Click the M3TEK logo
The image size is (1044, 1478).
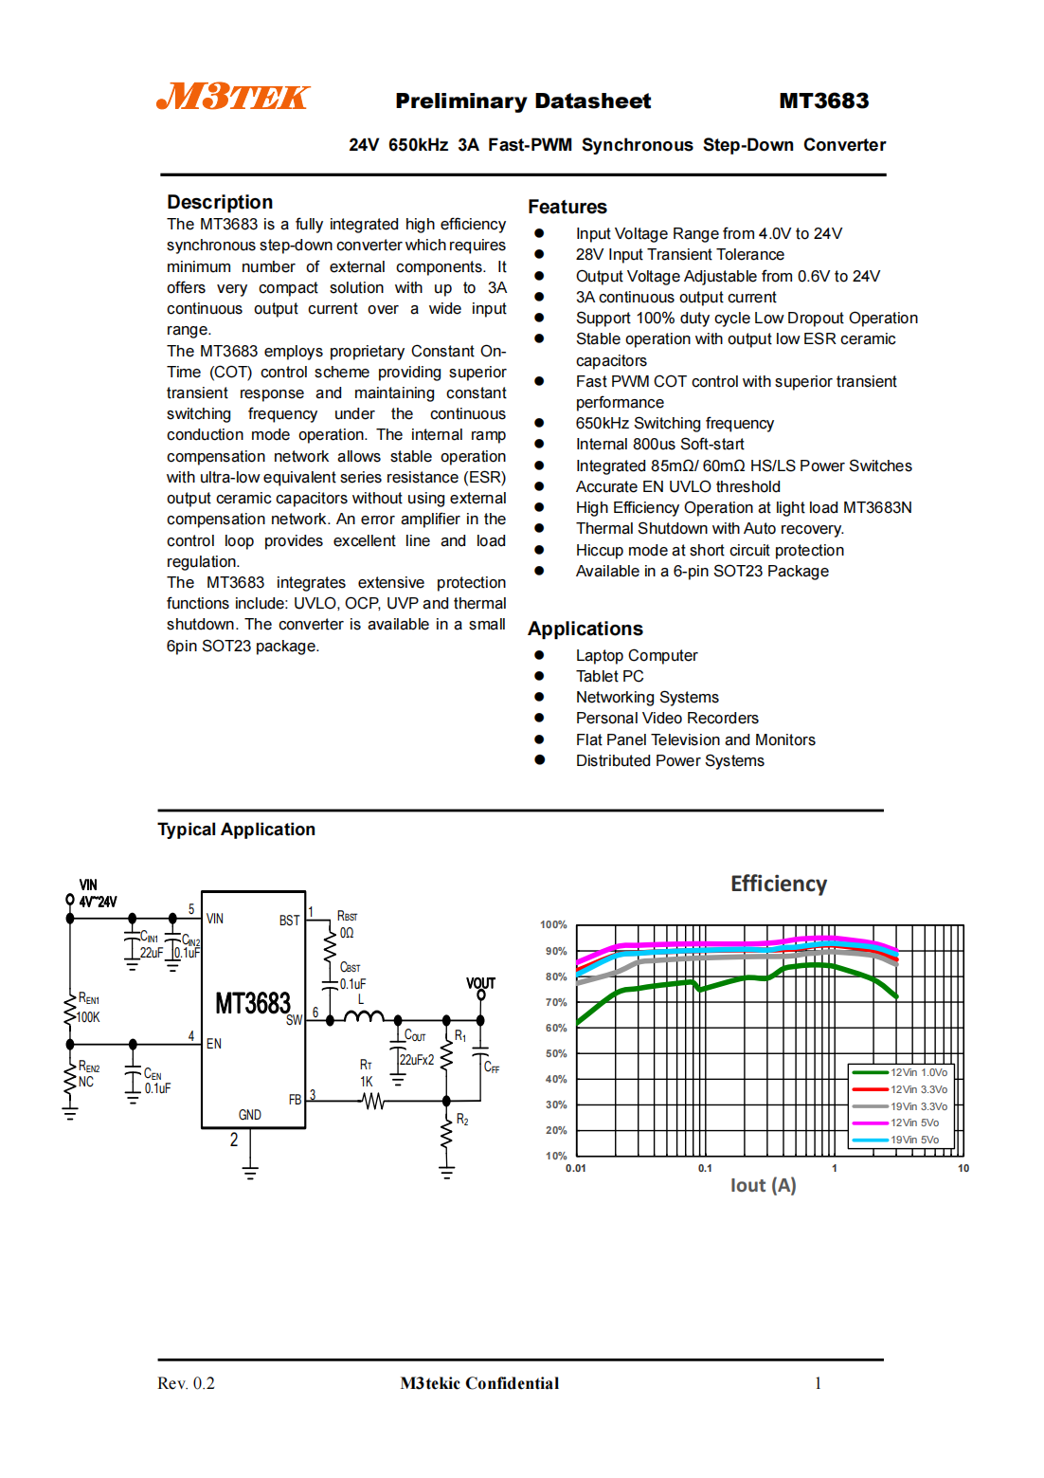tap(233, 97)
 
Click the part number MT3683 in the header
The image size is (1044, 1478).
tap(823, 100)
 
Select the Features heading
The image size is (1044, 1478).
tap(567, 207)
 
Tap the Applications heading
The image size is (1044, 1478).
tap(585, 629)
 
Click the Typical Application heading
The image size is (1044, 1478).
tap(236, 830)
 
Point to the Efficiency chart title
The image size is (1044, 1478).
tap(778, 884)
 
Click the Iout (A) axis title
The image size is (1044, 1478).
tap(763, 1185)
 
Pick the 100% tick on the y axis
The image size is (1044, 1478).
tap(553, 924)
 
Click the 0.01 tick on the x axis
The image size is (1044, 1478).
tap(576, 1168)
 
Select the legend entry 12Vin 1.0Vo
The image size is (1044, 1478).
tap(918, 1072)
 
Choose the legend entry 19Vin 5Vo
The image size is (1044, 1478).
tap(914, 1140)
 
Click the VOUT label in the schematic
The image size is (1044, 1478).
tap(480, 983)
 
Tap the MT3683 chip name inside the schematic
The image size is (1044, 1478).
tap(252, 1003)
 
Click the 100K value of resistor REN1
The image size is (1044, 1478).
tap(88, 1017)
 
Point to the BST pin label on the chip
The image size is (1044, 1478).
tap(289, 921)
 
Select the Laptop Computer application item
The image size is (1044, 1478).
tap(636, 655)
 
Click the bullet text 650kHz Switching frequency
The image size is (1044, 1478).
tap(675, 423)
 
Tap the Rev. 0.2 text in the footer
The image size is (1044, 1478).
tap(186, 1383)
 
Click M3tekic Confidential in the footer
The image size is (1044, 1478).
tap(479, 1383)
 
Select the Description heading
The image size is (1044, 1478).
tap(220, 202)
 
